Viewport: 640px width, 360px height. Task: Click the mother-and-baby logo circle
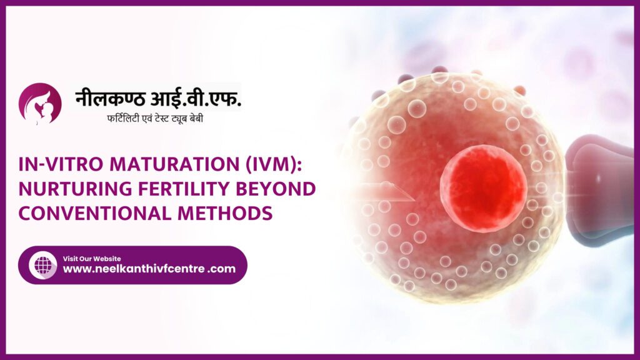tap(40, 104)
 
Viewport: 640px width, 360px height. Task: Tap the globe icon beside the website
tap(43, 265)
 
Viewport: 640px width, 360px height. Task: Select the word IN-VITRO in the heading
tap(61, 164)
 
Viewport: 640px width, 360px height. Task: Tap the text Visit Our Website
tap(92, 258)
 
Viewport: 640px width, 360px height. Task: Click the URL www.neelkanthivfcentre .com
tap(149, 269)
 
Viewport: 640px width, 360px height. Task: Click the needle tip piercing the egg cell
tap(414, 200)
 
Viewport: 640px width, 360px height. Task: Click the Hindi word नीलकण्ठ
tap(110, 98)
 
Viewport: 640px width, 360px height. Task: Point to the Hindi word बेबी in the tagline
tap(195, 118)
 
